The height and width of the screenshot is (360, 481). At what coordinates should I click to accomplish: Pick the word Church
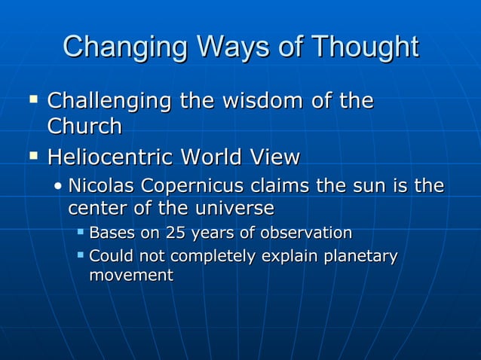84,126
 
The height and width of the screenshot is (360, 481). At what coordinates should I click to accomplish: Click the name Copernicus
193,185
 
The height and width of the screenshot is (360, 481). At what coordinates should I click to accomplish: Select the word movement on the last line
131,276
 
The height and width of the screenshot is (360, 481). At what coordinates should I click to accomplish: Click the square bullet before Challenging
32,99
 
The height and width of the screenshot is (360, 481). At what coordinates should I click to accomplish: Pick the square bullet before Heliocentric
32,157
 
